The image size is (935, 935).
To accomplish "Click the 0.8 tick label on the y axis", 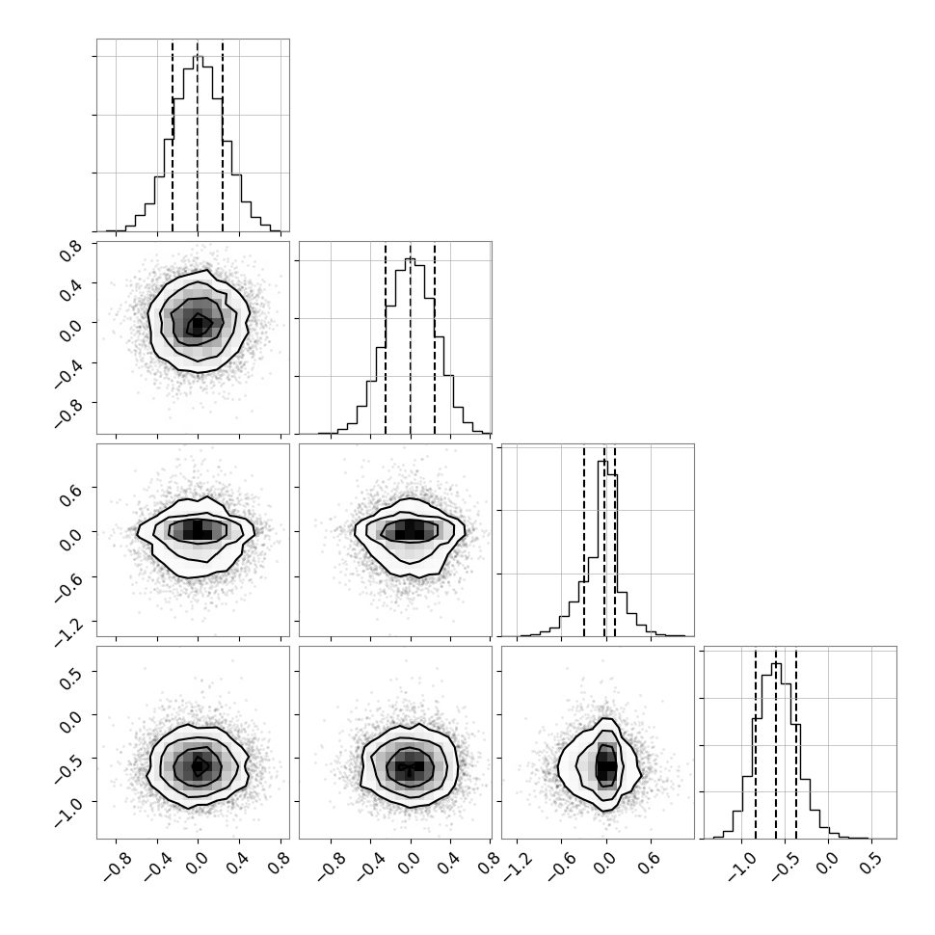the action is [71, 253].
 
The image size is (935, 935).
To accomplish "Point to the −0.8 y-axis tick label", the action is [67, 411].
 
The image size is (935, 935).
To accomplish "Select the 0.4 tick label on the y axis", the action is [71, 292].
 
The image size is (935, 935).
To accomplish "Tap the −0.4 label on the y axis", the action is [67, 370].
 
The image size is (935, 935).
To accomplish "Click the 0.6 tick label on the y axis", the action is [71, 495].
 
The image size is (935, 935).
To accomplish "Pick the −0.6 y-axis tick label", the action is [67, 584].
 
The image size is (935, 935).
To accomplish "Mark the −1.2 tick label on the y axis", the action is [67, 629].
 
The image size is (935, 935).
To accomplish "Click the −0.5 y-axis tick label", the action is [67, 766].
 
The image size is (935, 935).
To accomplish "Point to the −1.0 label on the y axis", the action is [67, 810].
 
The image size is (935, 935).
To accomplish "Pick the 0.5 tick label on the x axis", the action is [870, 863].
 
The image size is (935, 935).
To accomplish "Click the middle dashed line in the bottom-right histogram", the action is [776, 742].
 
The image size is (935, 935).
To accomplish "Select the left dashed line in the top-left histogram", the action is [173, 135].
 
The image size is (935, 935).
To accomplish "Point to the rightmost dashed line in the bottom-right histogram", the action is [796, 742].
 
